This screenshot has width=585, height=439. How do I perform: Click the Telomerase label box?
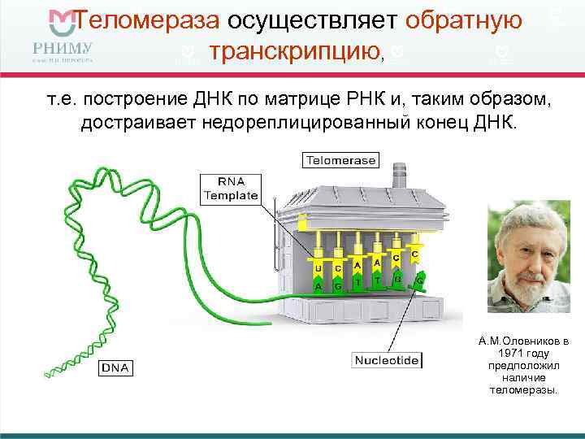point(340,160)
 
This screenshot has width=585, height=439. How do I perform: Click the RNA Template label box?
point(230,188)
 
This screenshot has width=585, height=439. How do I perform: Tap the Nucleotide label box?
point(386,359)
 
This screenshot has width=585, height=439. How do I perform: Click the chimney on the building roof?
point(399,176)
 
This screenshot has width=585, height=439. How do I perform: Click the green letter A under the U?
point(318,286)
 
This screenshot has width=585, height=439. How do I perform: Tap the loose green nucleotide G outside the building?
point(420,280)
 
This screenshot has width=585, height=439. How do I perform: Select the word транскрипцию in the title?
point(294,52)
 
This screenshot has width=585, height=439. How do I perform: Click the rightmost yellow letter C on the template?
point(414,254)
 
